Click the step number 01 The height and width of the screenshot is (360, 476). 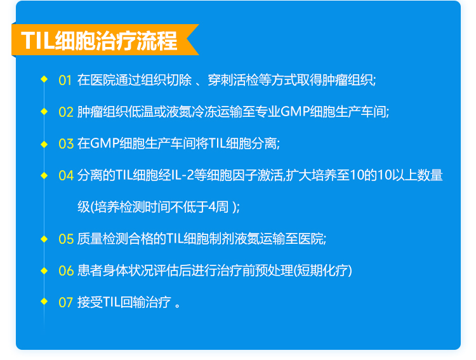[65, 80]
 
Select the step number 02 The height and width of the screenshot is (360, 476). [66, 112]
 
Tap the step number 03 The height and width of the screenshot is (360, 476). [66, 143]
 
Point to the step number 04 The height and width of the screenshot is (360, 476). [66, 176]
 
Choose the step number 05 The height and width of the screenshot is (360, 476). [66, 239]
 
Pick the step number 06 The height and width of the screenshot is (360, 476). [66, 270]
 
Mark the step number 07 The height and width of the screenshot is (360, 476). [65, 303]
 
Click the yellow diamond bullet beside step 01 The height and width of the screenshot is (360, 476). [44, 79]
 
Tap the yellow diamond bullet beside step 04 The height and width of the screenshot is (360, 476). [44, 175]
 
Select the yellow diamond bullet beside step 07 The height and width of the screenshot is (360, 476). [44, 301]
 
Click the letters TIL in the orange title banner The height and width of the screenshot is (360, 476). [37, 41]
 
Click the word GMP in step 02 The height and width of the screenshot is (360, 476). [294, 112]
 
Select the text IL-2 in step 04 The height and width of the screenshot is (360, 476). [182, 175]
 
